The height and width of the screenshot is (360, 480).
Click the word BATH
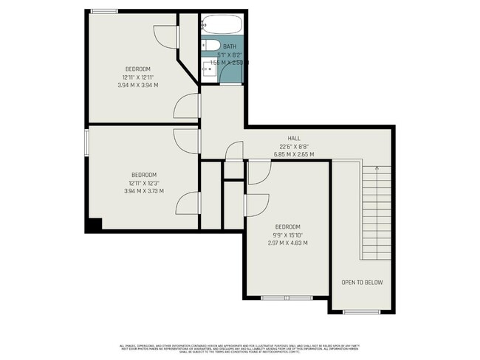click(230, 46)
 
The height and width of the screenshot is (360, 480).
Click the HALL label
click(294, 139)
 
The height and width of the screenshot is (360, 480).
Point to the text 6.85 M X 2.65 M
click(294, 154)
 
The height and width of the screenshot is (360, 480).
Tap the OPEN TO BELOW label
click(362, 283)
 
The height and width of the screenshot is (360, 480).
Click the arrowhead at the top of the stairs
click(377, 169)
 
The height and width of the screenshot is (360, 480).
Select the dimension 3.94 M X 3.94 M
click(139, 85)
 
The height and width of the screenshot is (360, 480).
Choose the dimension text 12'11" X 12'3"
click(143, 183)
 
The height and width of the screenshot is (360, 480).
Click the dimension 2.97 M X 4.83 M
click(287, 243)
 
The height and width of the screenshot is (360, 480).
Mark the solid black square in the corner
click(93, 224)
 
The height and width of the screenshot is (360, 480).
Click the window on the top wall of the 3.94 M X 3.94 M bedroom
click(104, 10)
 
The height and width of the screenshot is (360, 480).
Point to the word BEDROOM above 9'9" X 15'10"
click(287, 226)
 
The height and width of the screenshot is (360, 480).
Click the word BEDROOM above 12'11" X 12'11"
click(138, 69)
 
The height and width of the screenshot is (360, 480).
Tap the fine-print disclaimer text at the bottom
click(240, 349)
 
